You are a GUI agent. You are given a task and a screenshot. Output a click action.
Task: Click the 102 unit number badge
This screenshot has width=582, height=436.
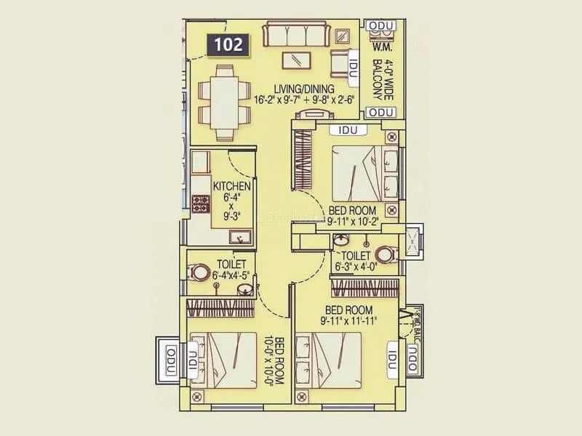[228, 45]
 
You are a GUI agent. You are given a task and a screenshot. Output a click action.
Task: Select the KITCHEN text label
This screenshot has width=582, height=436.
[231, 187]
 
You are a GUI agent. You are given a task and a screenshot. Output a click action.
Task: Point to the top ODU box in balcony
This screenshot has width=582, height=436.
[380, 27]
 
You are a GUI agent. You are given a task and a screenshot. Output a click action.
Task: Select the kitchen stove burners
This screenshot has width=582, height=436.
[199, 204]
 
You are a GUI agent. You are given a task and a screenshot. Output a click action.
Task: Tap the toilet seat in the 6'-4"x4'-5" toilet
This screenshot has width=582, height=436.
[201, 273]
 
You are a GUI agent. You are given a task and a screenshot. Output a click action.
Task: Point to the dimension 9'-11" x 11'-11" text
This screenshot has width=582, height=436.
[349, 319]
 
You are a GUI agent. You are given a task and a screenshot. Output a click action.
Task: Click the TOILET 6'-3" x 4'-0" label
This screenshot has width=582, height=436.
[355, 261]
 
